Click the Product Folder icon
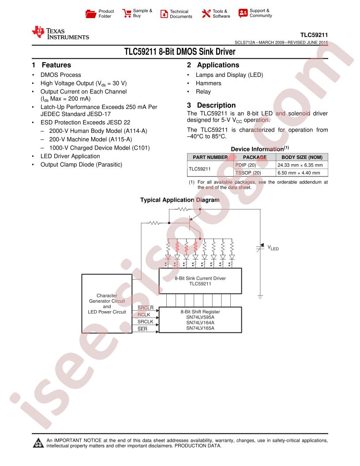click(90, 14)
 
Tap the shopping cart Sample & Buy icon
click(127, 13)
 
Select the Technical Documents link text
click(181, 14)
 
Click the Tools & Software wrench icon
click(206, 13)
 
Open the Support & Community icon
click(243, 13)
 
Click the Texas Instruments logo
click(60, 33)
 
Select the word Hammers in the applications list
click(209, 83)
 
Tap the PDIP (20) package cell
click(246, 165)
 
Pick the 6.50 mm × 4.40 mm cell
click(299, 173)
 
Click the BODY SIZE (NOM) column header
click(302, 157)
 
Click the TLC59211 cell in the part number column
click(199, 169)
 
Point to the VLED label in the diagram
click(273, 248)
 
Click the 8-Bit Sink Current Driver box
click(200, 281)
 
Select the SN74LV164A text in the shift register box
click(200, 323)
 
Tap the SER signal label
click(142, 329)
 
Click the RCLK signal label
click(144, 315)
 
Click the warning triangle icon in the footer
click(38, 443)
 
